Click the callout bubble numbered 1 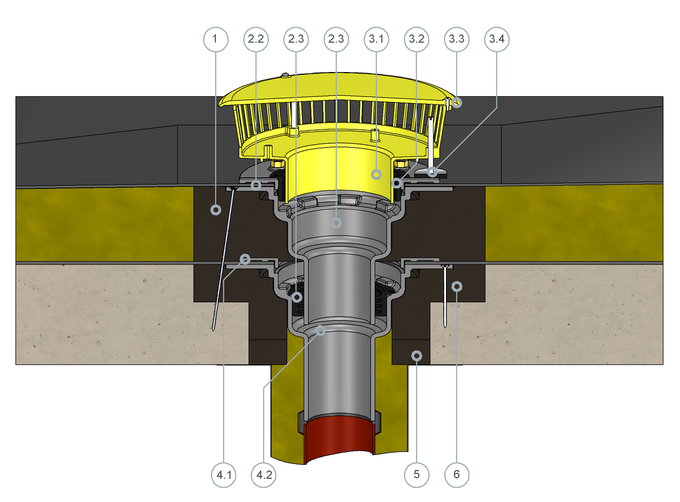[x=216, y=40]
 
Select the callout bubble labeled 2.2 [x=256, y=40]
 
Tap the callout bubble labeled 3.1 [x=376, y=40]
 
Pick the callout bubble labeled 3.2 [x=416, y=40]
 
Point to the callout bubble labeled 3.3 [x=457, y=40]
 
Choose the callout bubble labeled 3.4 [x=497, y=40]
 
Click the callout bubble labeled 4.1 [x=224, y=475]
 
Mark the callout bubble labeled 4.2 [x=264, y=475]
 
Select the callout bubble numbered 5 [x=417, y=475]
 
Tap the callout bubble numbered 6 [x=457, y=475]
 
